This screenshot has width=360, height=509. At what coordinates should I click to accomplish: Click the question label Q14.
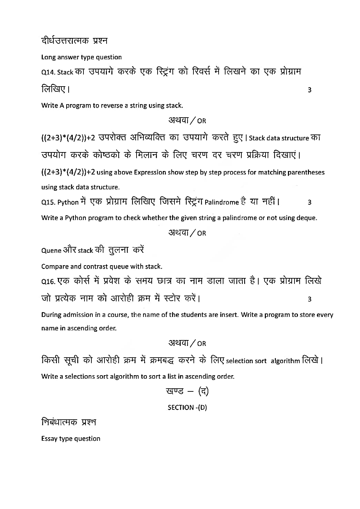48,72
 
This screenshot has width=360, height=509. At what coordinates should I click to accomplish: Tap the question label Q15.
48,202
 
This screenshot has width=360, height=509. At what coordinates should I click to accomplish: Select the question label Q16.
48,282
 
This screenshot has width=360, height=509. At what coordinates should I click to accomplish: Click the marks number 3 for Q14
309,90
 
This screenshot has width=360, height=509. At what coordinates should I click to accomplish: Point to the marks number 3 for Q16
309,299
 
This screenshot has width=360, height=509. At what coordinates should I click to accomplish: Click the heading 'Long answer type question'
81,57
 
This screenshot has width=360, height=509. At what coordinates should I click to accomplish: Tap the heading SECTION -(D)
187,408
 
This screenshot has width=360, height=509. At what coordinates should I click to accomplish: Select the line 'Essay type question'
71,439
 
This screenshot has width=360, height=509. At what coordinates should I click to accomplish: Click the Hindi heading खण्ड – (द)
187,391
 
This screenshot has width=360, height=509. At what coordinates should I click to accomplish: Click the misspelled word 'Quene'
51,251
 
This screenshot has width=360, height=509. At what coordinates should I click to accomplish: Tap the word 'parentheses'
307,172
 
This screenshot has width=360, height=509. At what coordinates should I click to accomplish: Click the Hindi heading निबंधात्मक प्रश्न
69,422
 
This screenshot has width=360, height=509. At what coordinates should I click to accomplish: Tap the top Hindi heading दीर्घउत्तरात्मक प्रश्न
74,41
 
